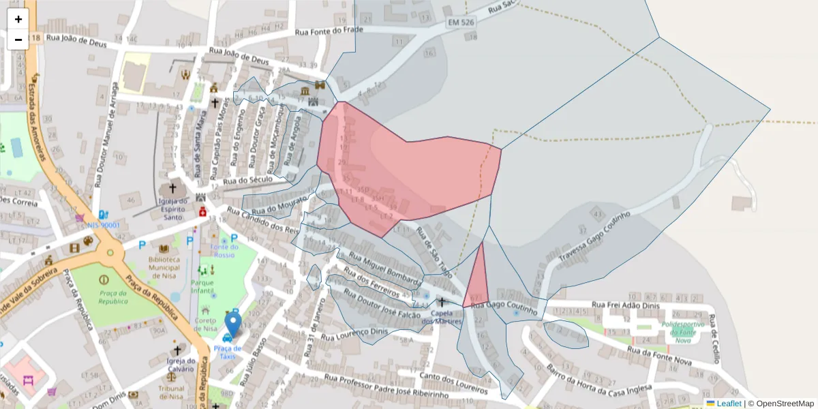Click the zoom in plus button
[x=18, y=19]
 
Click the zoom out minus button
[x=18, y=40]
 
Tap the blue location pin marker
[x=232, y=324]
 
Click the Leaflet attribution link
[x=728, y=404]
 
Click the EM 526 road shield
[x=461, y=22]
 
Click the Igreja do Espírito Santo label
[x=172, y=204]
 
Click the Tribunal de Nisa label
[x=171, y=393]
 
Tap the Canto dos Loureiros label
[x=454, y=382]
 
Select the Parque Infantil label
[x=202, y=286]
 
